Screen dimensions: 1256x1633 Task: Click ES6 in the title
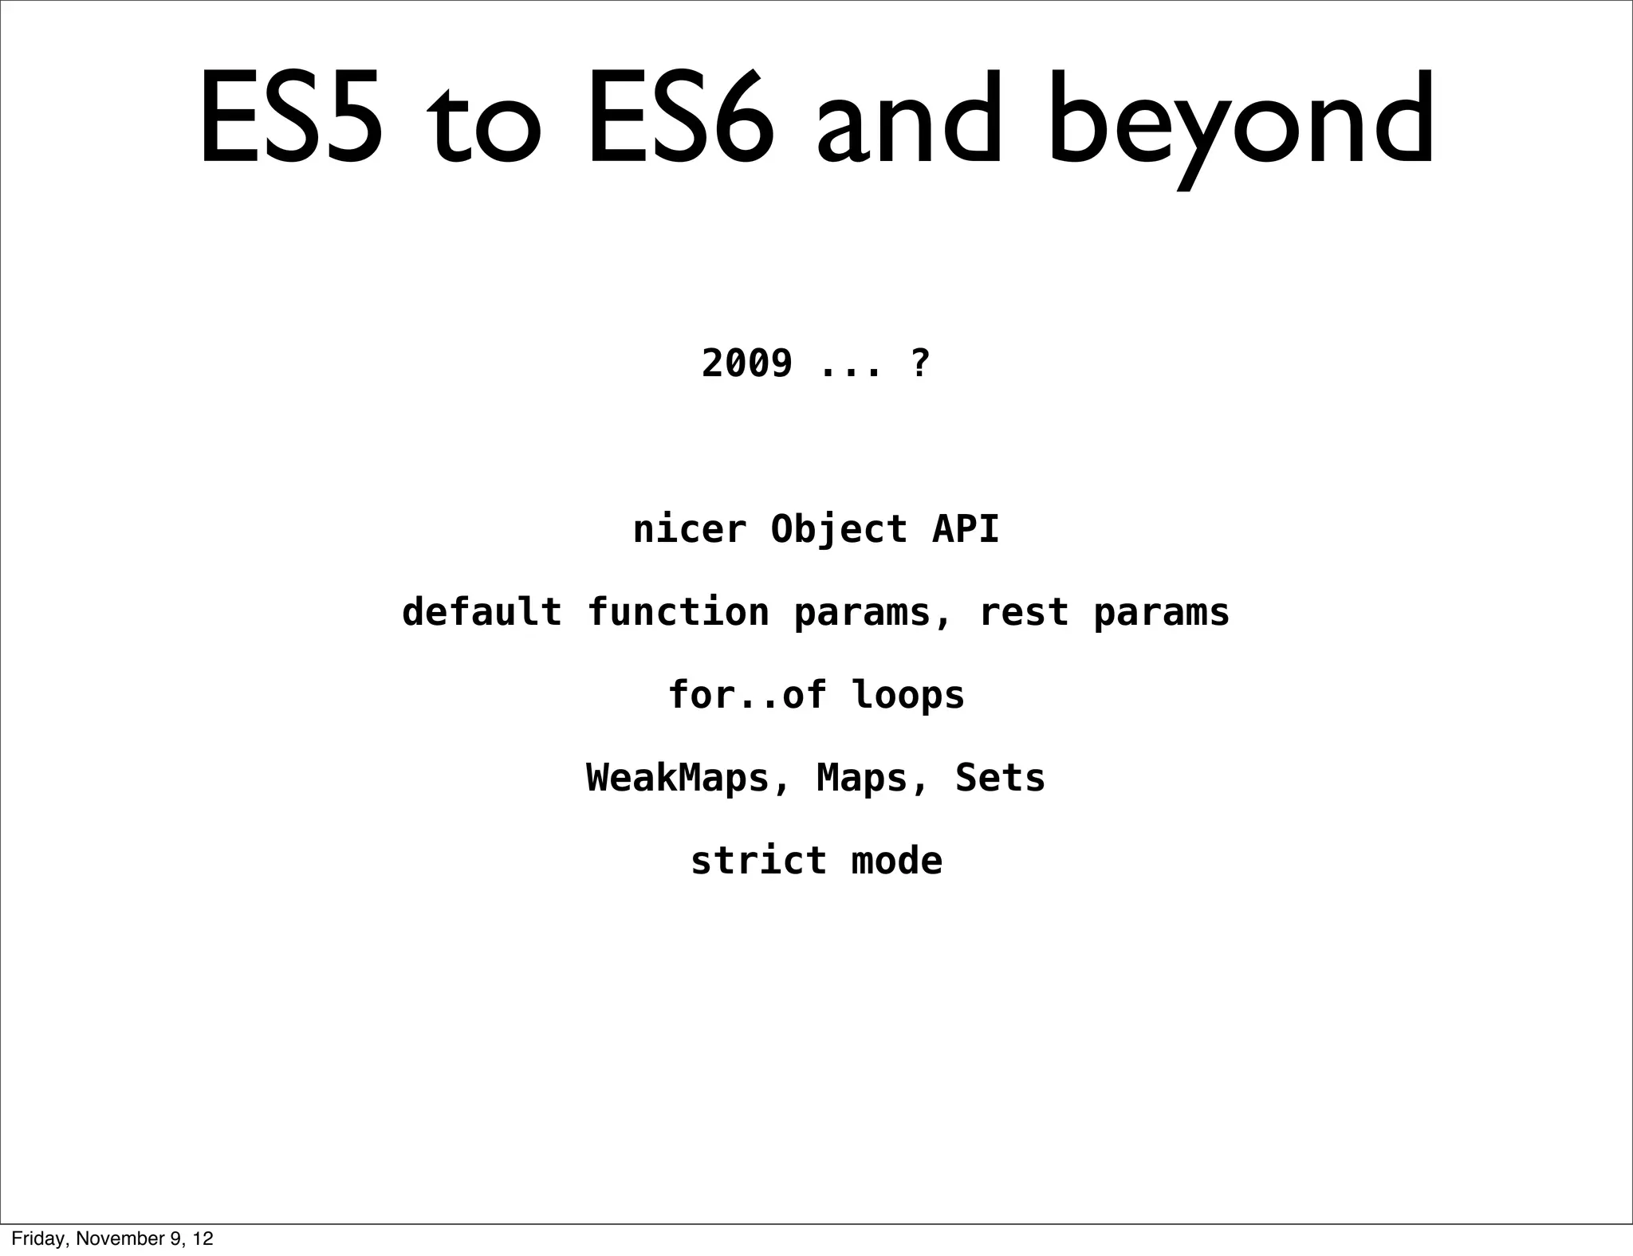click(x=680, y=120)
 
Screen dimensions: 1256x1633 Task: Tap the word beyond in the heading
click(x=1241, y=124)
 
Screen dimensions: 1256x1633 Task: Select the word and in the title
click(x=907, y=120)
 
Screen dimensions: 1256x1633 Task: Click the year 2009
click(x=747, y=363)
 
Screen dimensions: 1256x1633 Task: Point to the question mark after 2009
click(x=919, y=363)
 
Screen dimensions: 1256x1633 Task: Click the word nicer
click(x=690, y=529)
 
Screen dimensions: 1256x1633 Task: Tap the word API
click(x=966, y=529)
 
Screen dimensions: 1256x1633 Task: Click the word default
click(x=482, y=612)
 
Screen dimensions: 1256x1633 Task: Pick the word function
click(x=678, y=612)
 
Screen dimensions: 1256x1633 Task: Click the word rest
click(x=1024, y=612)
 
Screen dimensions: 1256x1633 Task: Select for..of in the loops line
click(x=747, y=695)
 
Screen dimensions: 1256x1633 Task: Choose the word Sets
click(x=1000, y=778)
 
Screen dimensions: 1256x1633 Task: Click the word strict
click(x=758, y=861)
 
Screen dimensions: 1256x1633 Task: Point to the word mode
click(x=897, y=861)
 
